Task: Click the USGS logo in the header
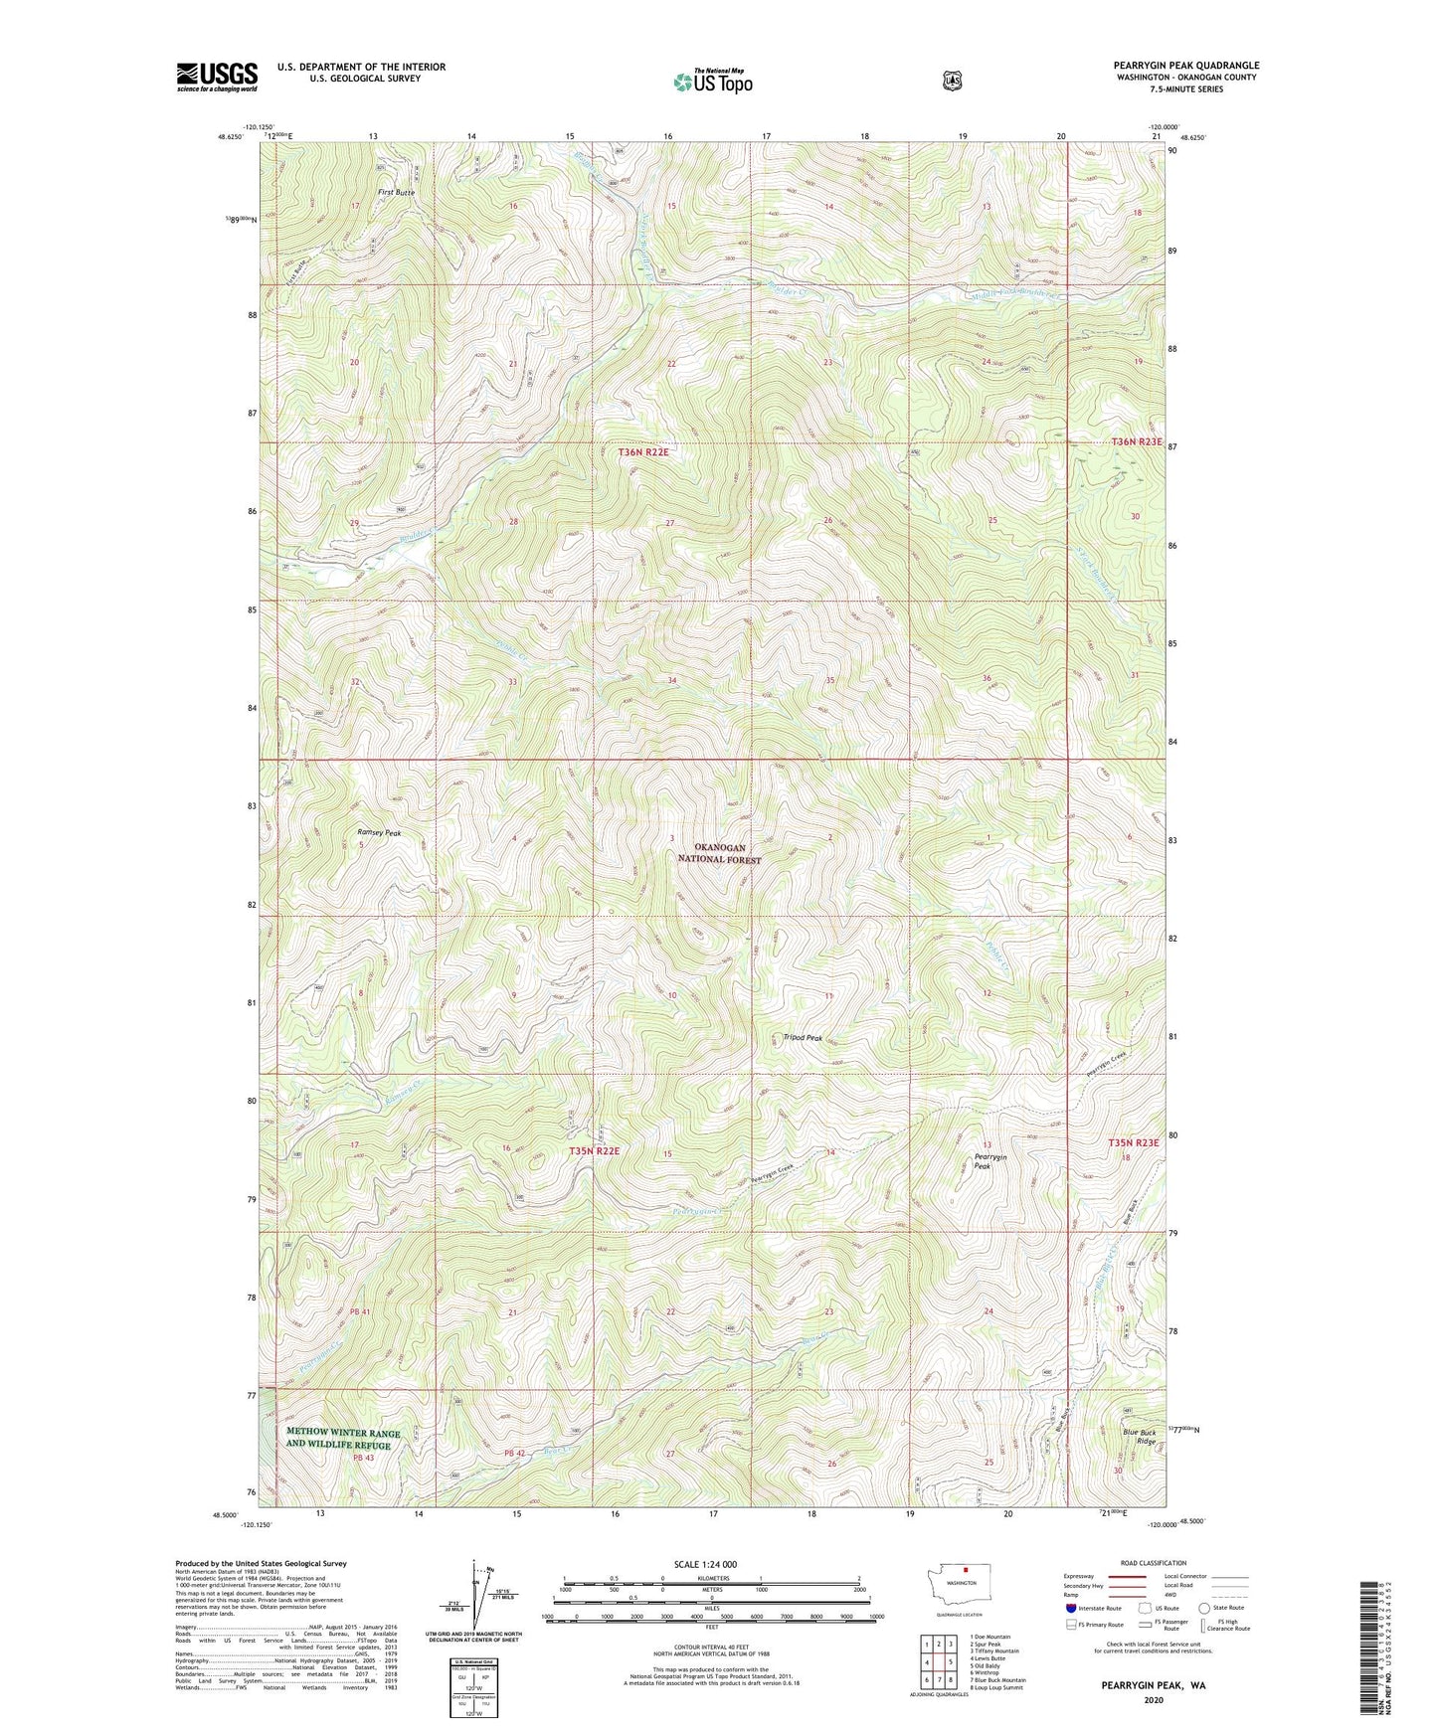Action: coord(217,77)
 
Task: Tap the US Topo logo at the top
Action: coord(712,82)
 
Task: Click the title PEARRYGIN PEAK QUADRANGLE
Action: coord(1185,66)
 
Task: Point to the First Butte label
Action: coord(396,191)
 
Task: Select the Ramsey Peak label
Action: coord(379,833)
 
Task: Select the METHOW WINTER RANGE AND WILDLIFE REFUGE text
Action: coord(343,1439)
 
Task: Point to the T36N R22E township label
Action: coord(644,452)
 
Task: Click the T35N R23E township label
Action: coord(1134,1143)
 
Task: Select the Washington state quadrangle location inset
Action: coord(961,1608)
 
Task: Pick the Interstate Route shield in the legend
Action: coord(1070,1608)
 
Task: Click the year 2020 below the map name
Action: coord(1153,1671)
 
